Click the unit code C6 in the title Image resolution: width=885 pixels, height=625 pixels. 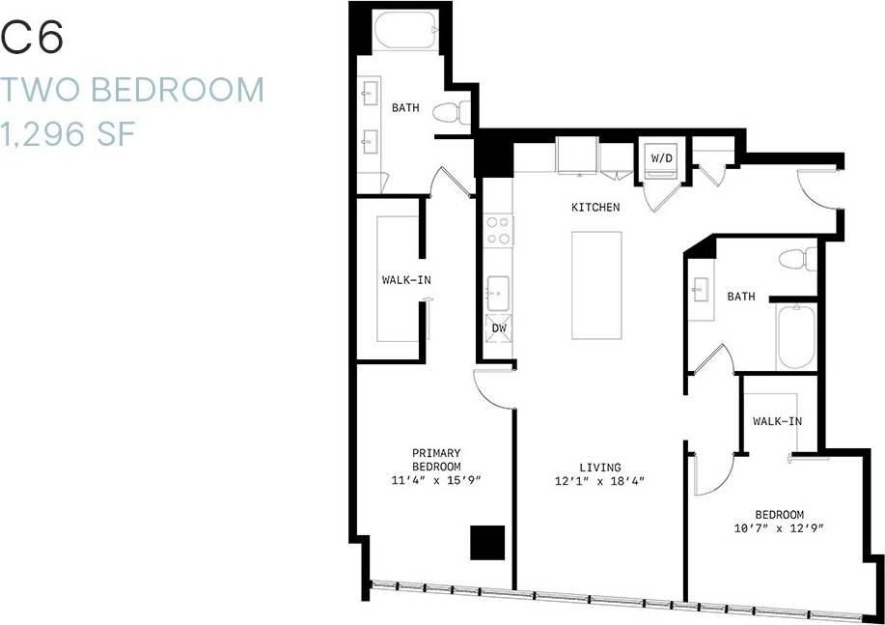click(33, 39)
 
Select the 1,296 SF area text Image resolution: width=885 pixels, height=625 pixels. click(67, 133)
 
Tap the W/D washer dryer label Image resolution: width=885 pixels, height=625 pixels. click(661, 157)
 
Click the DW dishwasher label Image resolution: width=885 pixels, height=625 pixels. click(499, 328)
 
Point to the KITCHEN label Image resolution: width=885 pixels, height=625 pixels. click(595, 207)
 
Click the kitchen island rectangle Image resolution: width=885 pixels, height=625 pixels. click(595, 285)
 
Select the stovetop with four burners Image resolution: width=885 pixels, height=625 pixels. click(498, 230)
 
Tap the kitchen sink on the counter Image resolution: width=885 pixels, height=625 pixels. click(499, 289)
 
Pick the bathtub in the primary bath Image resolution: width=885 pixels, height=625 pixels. click(406, 32)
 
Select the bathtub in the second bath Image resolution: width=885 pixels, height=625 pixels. click(796, 336)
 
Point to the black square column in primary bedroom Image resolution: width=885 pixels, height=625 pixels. click(486, 542)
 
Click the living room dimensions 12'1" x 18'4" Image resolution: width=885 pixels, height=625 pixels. click(600, 481)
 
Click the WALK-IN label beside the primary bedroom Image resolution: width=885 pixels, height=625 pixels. click(406, 280)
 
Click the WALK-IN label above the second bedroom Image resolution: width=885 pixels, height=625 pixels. click(777, 421)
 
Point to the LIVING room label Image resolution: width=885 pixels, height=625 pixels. click(600, 468)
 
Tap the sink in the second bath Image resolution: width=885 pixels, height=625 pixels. click(700, 288)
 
